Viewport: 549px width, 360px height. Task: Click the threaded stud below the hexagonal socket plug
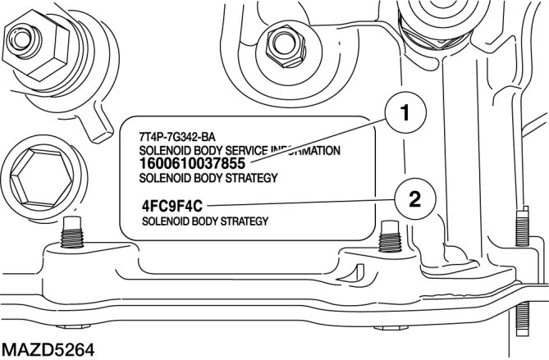(72, 235)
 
